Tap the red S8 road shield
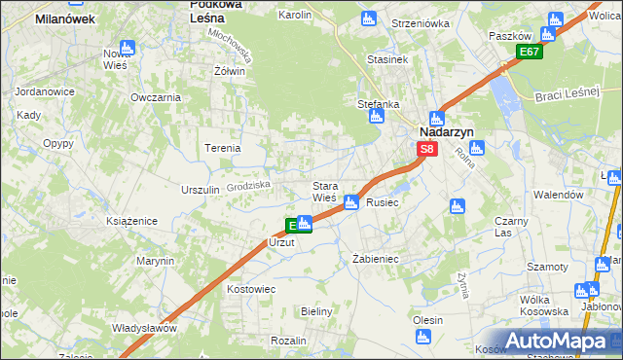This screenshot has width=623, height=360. pos(427,149)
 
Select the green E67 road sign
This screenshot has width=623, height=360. pos(529,52)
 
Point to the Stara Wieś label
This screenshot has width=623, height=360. pos(324,191)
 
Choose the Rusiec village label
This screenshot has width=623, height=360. pos(383,202)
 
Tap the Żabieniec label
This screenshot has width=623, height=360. pos(374,260)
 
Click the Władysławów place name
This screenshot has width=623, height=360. pos(144,328)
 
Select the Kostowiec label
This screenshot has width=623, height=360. pos(251,290)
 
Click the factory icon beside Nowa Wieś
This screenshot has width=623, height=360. pos(128,47)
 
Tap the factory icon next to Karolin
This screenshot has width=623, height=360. pos(368,18)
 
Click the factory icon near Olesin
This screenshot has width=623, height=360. pos(422,337)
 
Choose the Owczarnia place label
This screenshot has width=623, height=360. pos(156,97)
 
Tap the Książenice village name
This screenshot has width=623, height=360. pos(132,222)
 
